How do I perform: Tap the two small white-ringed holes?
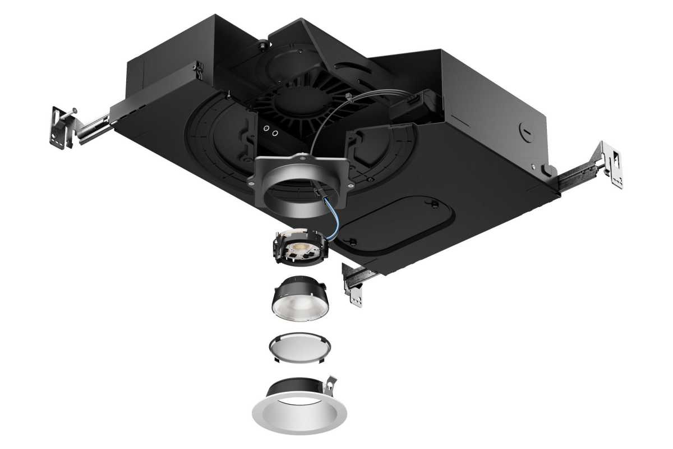click(x=271, y=133)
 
